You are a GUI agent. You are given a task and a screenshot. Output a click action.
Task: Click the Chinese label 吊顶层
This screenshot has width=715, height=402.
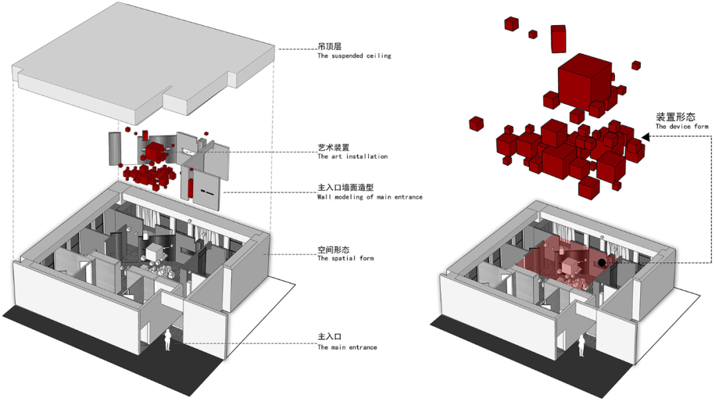[329, 47]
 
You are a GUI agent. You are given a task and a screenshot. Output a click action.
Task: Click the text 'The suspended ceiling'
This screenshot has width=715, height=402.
[354, 56]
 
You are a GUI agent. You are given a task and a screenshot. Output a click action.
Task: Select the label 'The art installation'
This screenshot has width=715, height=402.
[352, 157]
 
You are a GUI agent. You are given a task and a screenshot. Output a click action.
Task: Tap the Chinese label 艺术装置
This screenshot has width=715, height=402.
[333, 148]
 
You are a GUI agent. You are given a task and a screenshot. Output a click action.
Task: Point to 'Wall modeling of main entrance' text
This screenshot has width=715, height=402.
[369, 197]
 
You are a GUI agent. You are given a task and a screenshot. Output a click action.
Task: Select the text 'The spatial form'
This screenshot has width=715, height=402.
[345, 258]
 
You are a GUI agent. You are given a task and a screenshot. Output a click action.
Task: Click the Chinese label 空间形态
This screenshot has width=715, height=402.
[333, 250]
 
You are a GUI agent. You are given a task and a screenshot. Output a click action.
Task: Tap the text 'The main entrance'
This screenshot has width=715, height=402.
[347, 347]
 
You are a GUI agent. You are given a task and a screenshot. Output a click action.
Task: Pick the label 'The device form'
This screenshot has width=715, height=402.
[682, 126]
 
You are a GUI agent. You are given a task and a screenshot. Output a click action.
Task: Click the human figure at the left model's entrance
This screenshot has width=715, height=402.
[168, 340]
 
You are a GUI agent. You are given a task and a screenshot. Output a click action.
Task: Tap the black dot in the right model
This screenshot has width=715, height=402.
[601, 263]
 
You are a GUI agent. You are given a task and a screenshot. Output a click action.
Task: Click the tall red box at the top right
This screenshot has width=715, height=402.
[558, 39]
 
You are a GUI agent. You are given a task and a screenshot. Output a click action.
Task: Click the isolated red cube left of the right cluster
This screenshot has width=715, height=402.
[476, 123]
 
